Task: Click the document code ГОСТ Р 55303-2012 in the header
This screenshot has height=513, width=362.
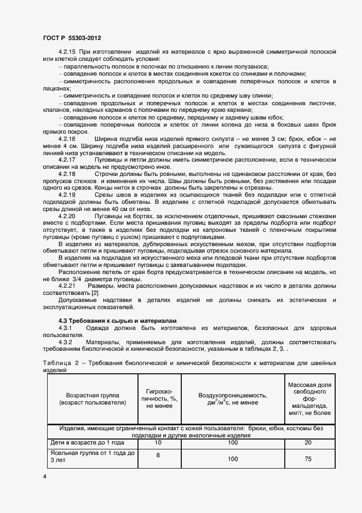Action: point(71,38)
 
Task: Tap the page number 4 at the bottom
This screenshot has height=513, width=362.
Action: point(44,477)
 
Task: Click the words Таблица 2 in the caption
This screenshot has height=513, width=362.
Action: point(59,363)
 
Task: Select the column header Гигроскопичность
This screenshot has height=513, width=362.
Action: point(158,398)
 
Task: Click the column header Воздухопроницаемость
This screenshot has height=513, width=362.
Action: point(233,398)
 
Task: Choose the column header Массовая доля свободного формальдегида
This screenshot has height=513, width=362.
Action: point(308,398)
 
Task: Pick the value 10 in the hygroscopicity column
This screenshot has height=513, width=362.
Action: point(158,442)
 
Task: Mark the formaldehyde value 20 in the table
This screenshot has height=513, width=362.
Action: point(308,442)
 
